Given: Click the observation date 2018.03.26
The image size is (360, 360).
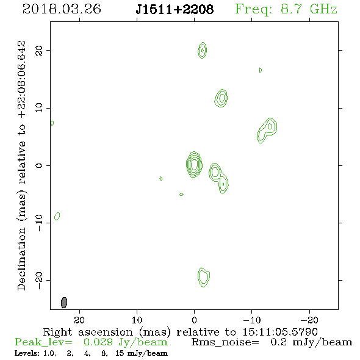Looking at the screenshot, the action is coord(62,9).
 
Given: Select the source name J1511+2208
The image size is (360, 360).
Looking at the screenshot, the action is coord(175,9).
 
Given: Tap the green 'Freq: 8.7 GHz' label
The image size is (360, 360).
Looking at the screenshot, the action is coord(286,9).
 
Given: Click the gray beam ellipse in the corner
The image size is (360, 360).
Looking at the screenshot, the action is coord(64,303).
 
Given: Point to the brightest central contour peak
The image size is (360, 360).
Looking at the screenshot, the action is coord(194,164).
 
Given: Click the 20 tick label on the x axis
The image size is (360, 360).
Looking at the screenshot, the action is coord(79,320).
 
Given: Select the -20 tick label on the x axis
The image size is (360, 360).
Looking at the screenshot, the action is coord(309,320).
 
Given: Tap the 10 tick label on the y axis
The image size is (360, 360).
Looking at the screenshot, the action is coord(39,108).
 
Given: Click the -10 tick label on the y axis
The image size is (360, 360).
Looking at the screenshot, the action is coord(39,223).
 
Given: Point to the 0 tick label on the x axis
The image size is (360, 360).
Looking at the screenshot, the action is coord(194,320).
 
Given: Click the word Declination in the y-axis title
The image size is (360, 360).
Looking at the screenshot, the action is coord(21,259).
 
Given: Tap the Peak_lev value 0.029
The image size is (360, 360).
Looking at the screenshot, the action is coord(98,342).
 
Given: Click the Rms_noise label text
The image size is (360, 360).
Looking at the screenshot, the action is coord(225,342).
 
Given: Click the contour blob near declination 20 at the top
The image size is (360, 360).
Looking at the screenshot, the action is coord(202,50).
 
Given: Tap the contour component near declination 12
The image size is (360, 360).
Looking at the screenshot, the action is coord(221,98).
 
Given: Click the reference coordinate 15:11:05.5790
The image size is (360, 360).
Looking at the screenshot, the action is coord(280,332).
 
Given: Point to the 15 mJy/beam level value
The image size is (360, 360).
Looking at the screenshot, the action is coord(142,353).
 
